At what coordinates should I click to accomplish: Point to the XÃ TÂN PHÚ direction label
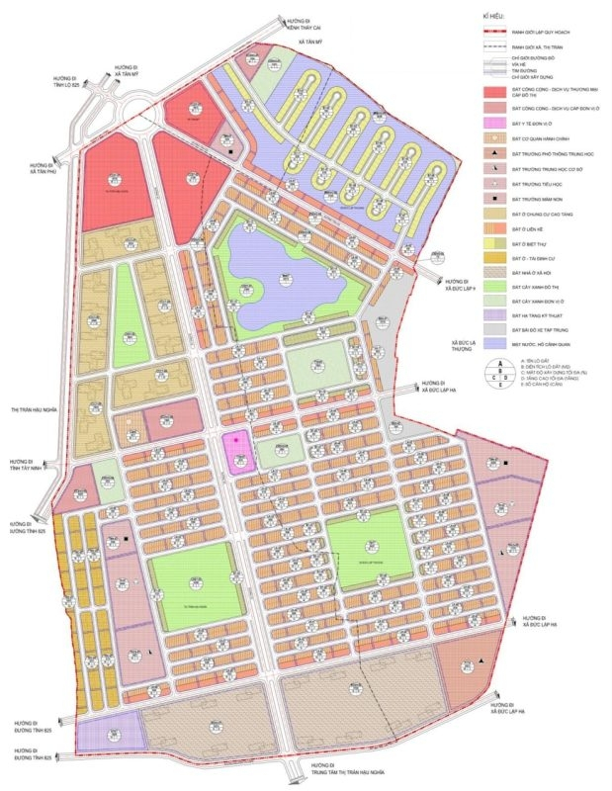[41, 168]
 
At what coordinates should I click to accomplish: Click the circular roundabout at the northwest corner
[137, 116]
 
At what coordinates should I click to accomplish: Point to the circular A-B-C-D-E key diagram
[493, 372]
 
